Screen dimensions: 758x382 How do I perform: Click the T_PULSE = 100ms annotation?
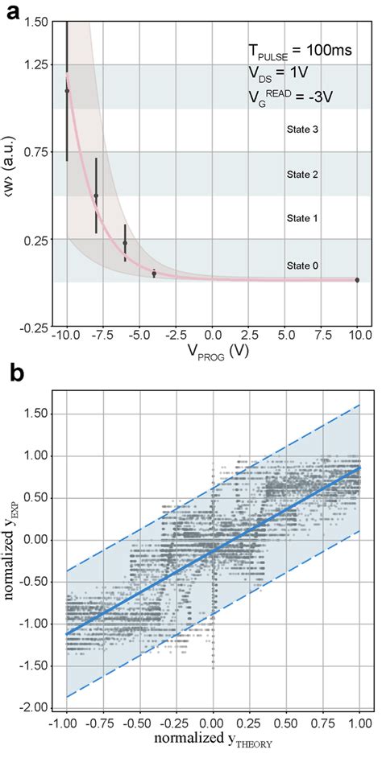point(299,51)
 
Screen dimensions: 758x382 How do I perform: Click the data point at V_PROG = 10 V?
point(357,279)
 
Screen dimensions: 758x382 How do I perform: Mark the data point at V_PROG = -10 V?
point(67,91)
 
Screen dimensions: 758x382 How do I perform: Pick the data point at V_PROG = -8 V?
point(96,196)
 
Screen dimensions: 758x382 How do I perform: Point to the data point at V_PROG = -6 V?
point(125,242)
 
